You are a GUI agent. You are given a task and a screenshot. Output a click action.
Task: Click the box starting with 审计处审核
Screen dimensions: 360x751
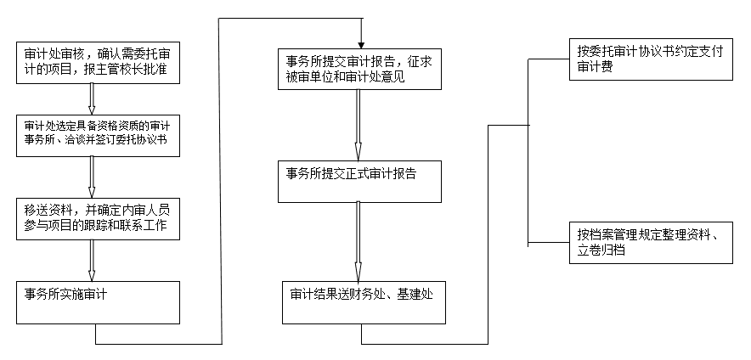point(99,62)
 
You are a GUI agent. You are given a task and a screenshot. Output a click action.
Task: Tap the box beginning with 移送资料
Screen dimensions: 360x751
point(99,218)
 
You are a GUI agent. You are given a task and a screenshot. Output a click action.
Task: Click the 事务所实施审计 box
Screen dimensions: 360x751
point(99,302)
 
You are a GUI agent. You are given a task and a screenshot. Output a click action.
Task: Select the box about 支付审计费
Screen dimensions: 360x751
point(651,59)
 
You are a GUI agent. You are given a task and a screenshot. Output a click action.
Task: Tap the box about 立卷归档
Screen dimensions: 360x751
point(651,242)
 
